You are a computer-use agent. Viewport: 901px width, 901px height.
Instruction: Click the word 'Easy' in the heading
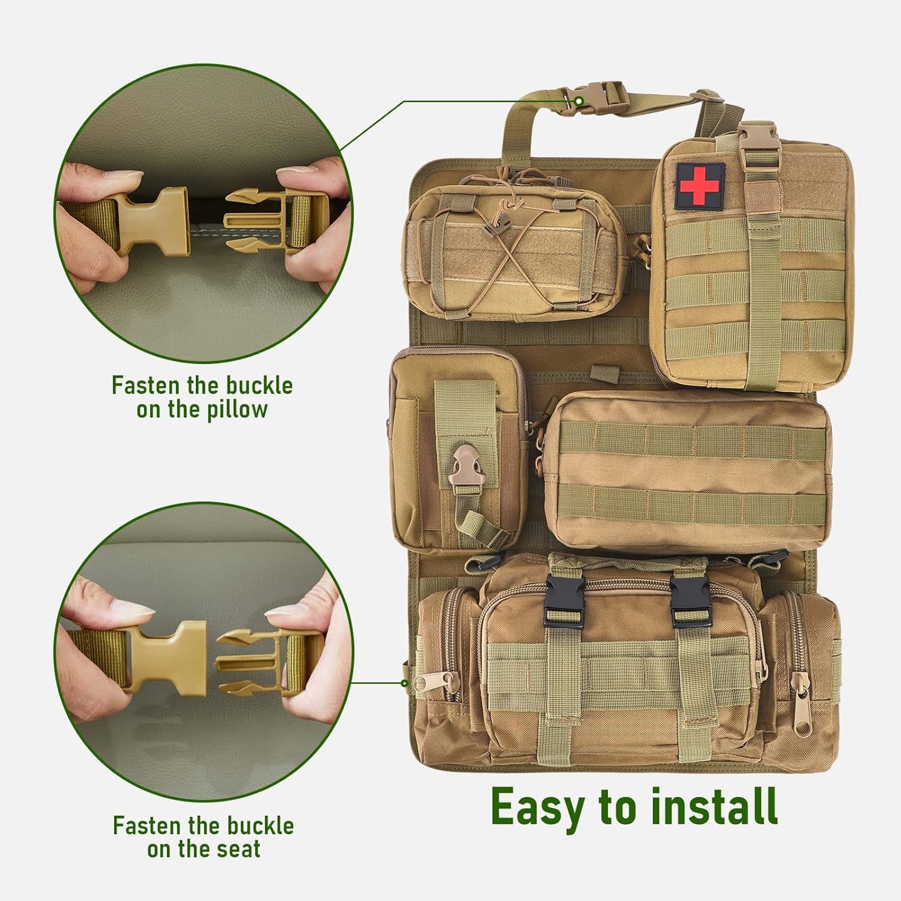tap(538, 808)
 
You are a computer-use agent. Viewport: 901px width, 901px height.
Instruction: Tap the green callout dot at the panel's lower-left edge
tap(405, 683)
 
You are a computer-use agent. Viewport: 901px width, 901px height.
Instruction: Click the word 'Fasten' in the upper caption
tap(145, 385)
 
